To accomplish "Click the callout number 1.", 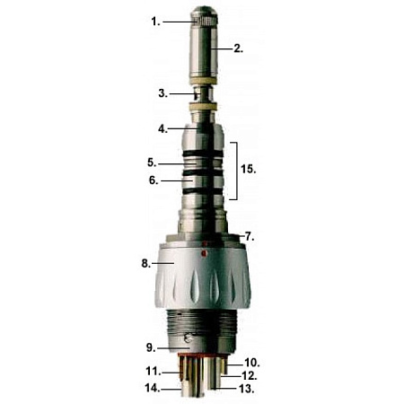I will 156,20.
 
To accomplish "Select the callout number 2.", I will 238,48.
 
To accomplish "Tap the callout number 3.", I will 162,92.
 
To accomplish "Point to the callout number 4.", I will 162,128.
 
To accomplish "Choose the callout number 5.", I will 154,162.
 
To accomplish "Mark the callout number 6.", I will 154,180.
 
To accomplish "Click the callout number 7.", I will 250,236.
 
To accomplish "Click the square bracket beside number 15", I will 236,170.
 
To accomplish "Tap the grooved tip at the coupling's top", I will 203,15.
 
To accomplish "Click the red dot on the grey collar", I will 204,254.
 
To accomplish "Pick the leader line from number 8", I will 167,264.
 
